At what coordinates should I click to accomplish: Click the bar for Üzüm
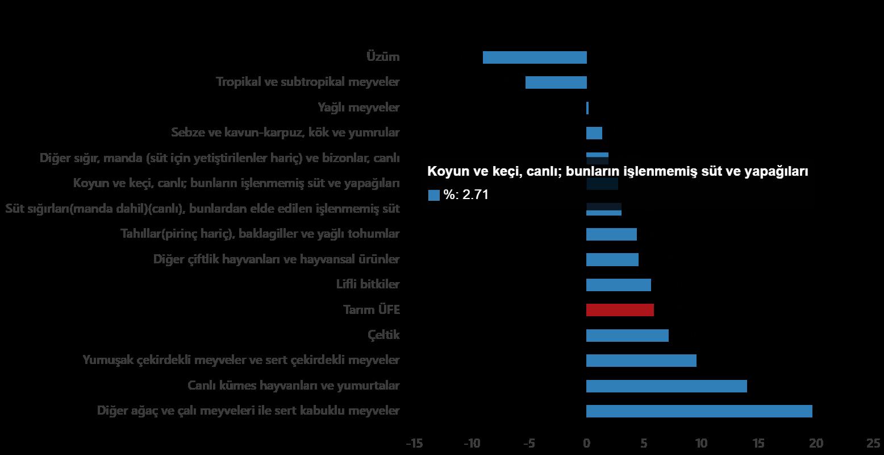534,57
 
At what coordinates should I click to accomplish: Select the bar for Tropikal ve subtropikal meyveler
556,82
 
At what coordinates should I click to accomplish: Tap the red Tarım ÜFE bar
620,310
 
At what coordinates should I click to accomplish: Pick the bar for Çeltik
627,336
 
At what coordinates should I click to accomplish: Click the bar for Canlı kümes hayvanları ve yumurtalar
666,386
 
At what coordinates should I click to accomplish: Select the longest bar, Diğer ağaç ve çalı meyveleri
699,411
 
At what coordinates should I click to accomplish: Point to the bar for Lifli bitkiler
618,285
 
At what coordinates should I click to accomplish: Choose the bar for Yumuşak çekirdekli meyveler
641,361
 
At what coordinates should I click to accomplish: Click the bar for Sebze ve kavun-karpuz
594,133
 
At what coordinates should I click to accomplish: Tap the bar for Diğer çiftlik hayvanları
612,260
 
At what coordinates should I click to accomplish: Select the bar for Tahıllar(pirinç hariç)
611,234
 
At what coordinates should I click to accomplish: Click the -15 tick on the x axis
414,443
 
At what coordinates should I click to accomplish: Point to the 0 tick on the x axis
586,443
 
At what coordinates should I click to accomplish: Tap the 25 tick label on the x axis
873,443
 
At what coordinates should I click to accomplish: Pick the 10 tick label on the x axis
701,443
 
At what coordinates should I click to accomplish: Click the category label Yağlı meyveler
358,107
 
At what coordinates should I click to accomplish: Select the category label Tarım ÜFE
372,310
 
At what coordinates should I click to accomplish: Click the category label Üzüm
383,57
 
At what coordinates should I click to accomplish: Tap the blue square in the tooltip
434,195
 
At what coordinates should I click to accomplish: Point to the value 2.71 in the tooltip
476,195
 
